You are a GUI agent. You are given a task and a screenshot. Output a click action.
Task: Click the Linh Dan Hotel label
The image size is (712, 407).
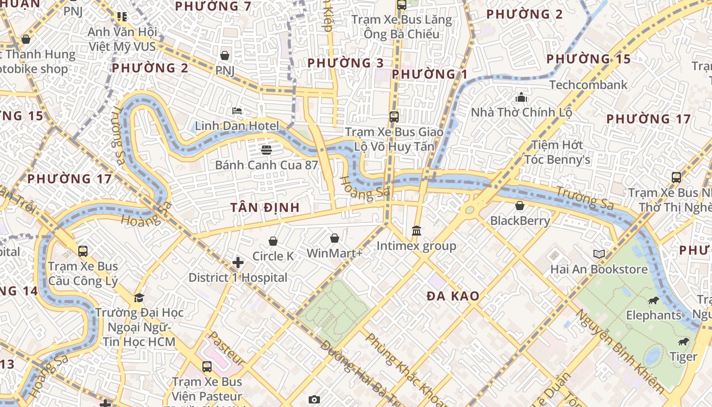[237, 126]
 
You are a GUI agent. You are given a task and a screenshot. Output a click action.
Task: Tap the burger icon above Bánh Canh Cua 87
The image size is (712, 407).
[266, 150]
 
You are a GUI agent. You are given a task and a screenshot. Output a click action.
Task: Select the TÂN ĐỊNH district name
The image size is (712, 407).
[264, 208]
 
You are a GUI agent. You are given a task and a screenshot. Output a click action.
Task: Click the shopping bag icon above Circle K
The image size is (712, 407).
[273, 241]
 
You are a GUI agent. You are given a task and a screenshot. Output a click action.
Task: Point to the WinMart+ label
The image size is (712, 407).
[334, 253]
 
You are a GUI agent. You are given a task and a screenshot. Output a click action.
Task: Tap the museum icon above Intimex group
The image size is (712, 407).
[417, 231]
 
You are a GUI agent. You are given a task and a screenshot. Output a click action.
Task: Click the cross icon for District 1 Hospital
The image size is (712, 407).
[238, 263]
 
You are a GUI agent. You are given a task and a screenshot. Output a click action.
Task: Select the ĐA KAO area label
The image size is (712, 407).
[453, 296]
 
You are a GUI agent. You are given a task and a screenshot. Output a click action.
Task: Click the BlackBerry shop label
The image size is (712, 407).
[520, 220]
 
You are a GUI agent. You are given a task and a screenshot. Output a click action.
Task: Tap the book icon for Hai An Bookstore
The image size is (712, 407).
[599, 253]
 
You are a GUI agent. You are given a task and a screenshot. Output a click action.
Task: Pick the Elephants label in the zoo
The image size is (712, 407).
[654, 315]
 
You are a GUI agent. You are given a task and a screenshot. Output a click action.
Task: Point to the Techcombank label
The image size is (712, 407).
[588, 84]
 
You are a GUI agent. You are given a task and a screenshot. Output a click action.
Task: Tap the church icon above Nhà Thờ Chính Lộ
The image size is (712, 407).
[521, 97]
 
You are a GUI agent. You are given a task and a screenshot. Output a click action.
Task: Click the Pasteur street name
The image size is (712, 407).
[227, 348]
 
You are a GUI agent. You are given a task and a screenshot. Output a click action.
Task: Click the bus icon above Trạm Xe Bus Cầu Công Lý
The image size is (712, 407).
[83, 251]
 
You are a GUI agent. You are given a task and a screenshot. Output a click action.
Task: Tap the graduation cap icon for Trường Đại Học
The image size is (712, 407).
[139, 297]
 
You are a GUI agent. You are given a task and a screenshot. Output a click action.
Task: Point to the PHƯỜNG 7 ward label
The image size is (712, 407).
[213, 7]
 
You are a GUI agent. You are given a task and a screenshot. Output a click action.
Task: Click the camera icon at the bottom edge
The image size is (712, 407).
[314, 399]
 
